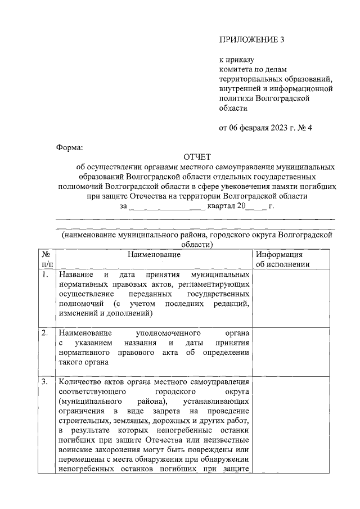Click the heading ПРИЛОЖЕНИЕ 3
248,39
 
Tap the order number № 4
305,127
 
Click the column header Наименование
154,255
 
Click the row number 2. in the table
45,333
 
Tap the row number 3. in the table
45,382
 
